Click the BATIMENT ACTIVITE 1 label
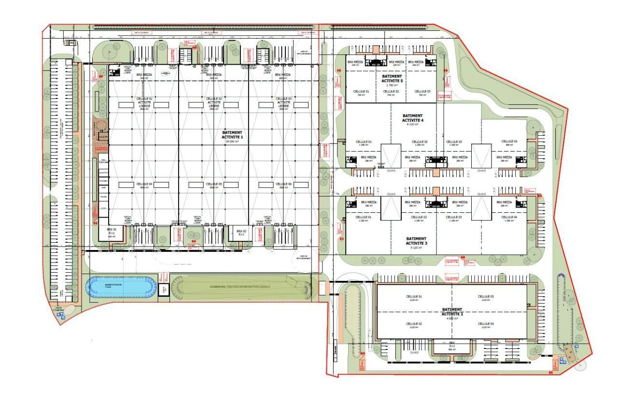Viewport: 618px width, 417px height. point(232,135)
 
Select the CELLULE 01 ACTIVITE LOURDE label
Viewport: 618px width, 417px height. point(144,102)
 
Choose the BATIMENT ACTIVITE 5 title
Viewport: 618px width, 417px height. point(392,79)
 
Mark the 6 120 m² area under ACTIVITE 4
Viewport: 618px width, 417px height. point(412,124)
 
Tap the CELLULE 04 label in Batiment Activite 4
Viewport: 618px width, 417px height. point(509,141)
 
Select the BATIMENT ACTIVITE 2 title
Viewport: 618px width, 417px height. point(452,312)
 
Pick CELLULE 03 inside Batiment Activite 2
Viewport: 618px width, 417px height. point(486,296)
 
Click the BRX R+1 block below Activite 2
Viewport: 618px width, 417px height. point(452,346)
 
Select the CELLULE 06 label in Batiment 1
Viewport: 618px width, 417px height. point(283,184)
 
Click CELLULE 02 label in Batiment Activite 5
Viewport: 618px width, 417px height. point(392,91)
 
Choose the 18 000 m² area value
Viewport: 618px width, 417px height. point(232,141)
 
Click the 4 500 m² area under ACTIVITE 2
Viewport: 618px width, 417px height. point(452,318)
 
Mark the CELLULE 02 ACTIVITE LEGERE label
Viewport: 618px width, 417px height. point(213,102)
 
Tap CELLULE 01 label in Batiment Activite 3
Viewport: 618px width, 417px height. point(364,217)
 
